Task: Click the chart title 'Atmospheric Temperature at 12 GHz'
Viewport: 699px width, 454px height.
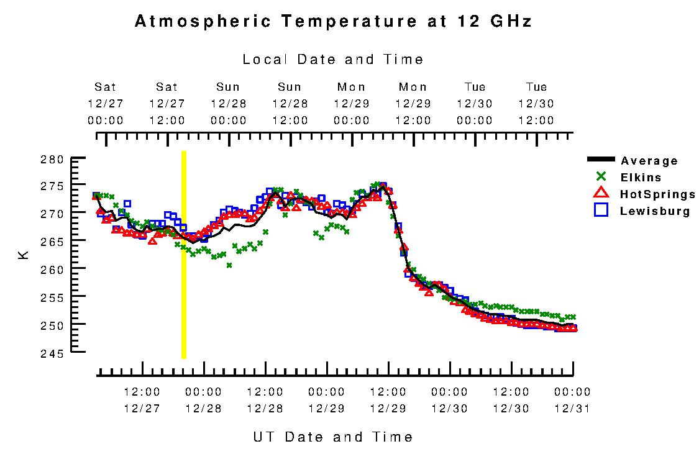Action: click(x=333, y=22)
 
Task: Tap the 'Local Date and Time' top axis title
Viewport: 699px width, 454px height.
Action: click(x=333, y=60)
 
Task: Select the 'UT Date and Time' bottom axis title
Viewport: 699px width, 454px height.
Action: click(x=333, y=437)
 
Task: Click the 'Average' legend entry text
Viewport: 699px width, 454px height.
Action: click(x=649, y=161)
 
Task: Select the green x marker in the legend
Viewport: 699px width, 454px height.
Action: click(x=600, y=176)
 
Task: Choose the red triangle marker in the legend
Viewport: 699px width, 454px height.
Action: click(x=600, y=193)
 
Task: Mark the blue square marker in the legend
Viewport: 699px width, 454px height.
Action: click(x=600, y=210)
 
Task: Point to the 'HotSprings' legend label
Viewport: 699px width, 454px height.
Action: click(x=657, y=194)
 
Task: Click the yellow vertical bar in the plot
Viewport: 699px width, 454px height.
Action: click(x=183, y=255)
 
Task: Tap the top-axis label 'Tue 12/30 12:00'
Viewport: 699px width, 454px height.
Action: click(x=536, y=104)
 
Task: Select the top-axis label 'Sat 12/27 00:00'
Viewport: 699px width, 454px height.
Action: click(x=105, y=104)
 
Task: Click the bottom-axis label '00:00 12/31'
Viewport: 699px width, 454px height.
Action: click(x=572, y=401)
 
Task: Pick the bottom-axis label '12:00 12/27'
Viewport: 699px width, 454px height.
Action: click(x=142, y=401)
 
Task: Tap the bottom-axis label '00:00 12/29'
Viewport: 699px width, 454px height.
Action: click(x=326, y=401)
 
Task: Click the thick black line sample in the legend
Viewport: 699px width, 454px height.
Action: click(x=600, y=160)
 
